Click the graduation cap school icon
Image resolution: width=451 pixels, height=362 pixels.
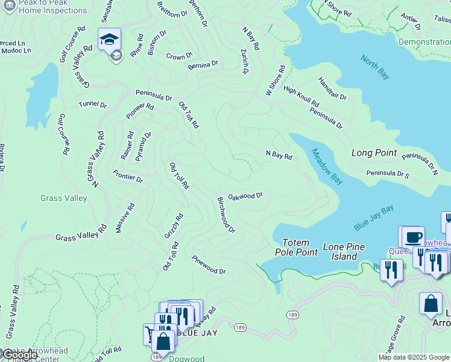coord(109,39)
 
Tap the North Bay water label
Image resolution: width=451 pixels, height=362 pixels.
coord(374,67)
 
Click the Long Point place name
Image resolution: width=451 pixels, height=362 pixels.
coord(374,153)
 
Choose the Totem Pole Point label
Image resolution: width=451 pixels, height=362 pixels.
coord(296,247)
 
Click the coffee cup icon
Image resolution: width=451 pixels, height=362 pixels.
coord(412,237)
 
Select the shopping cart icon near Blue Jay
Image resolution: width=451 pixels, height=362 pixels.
coord(150,334)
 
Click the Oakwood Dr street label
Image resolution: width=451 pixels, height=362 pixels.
coord(245,195)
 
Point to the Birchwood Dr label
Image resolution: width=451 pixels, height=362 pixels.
coord(226,214)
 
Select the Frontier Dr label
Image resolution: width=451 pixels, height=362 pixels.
coord(128,176)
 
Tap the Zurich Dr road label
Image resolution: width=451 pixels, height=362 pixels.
coord(245,62)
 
